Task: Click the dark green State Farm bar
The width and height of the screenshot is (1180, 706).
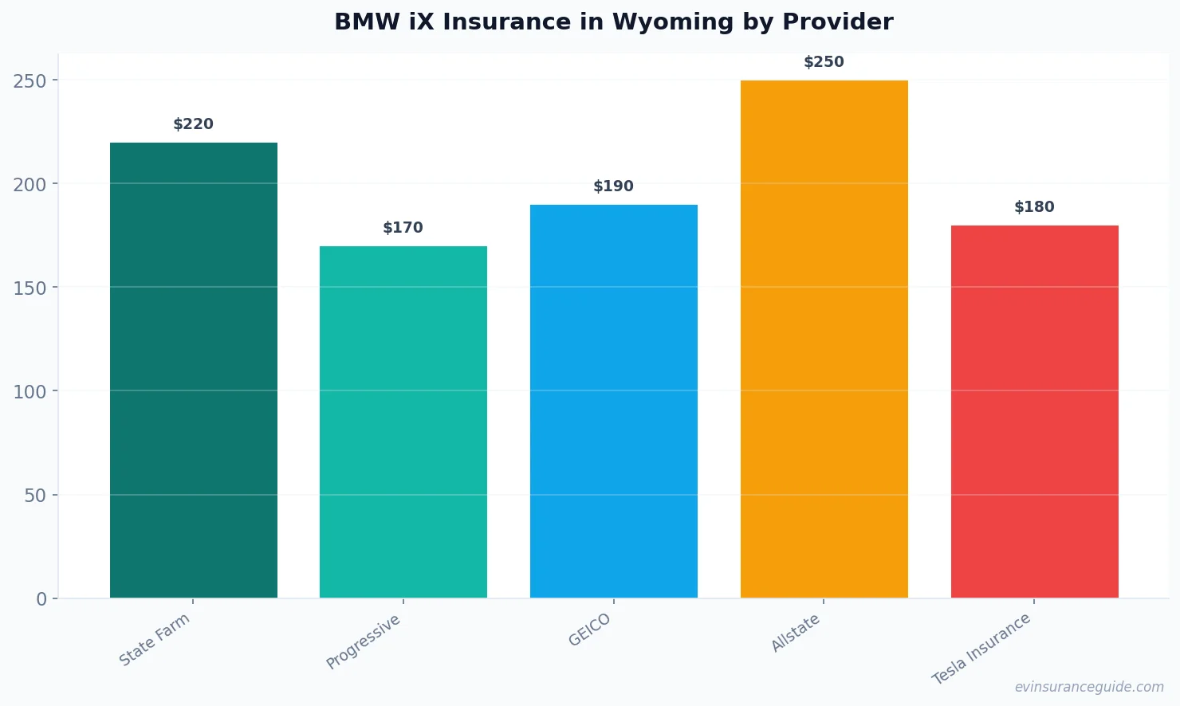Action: click(x=194, y=371)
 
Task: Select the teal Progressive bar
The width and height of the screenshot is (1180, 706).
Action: click(x=403, y=422)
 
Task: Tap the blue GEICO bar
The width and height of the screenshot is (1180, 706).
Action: click(x=614, y=402)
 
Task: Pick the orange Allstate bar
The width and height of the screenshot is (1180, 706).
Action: click(x=824, y=339)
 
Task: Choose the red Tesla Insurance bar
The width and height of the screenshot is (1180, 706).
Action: click(x=1035, y=412)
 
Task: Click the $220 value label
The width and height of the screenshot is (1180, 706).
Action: click(x=194, y=124)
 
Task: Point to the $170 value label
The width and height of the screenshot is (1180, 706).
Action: click(x=403, y=228)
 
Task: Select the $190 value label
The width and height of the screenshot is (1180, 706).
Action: click(x=614, y=186)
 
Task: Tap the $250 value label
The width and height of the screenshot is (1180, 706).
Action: click(x=824, y=62)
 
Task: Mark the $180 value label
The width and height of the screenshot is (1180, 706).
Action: click(x=1035, y=207)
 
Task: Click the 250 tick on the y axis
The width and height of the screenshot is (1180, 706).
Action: click(x=30, y=80)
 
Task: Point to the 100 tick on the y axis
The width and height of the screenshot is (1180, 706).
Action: click(x=30, y=391)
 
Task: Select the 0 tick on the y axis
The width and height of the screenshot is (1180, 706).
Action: click(x=41, y=599)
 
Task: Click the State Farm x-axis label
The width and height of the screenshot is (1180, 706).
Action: click(x=155, y=639)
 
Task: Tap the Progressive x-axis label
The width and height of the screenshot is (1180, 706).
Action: click(x=364, y=641)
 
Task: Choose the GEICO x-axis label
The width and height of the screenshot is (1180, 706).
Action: click(x=590, y=630)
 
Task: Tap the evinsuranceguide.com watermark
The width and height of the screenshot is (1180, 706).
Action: click(x=1089, y=687)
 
